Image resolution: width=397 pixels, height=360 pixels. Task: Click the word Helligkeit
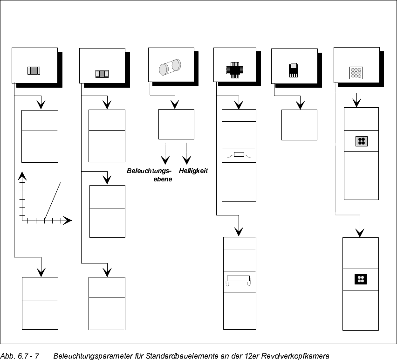click(x=193, y=171)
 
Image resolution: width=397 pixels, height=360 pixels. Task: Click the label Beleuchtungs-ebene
click(x=150, y=175)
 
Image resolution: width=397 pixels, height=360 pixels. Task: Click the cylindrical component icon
click(x=169, y=67)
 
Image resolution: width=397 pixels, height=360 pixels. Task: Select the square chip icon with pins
click(x=234, y=69)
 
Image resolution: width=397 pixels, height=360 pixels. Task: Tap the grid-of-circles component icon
click(x=356, y=73)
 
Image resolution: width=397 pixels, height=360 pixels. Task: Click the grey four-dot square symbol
click(x=361, y=141)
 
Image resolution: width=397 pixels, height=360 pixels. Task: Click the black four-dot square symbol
click(x=360, y=279)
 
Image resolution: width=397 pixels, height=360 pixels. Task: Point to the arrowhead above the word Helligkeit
click(x=187, y=159)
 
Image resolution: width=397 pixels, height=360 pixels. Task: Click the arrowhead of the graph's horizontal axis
click(x=68, y=220)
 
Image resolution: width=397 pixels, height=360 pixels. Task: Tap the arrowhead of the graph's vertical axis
click(x=21, y=176)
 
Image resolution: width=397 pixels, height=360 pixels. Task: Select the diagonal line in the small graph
click(x=52, y=201)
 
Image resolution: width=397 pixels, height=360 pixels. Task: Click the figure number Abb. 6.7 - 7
click(x=20, y=356)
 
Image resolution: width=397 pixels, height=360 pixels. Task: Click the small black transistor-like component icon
click(x=293, y=70)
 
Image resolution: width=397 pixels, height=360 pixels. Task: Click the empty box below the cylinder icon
click(x=176, y=125)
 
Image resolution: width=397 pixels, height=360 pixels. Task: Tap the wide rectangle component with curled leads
click(x=239, y=280)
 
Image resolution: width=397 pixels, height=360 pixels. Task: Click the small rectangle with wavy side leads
click(x=239, y=155)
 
